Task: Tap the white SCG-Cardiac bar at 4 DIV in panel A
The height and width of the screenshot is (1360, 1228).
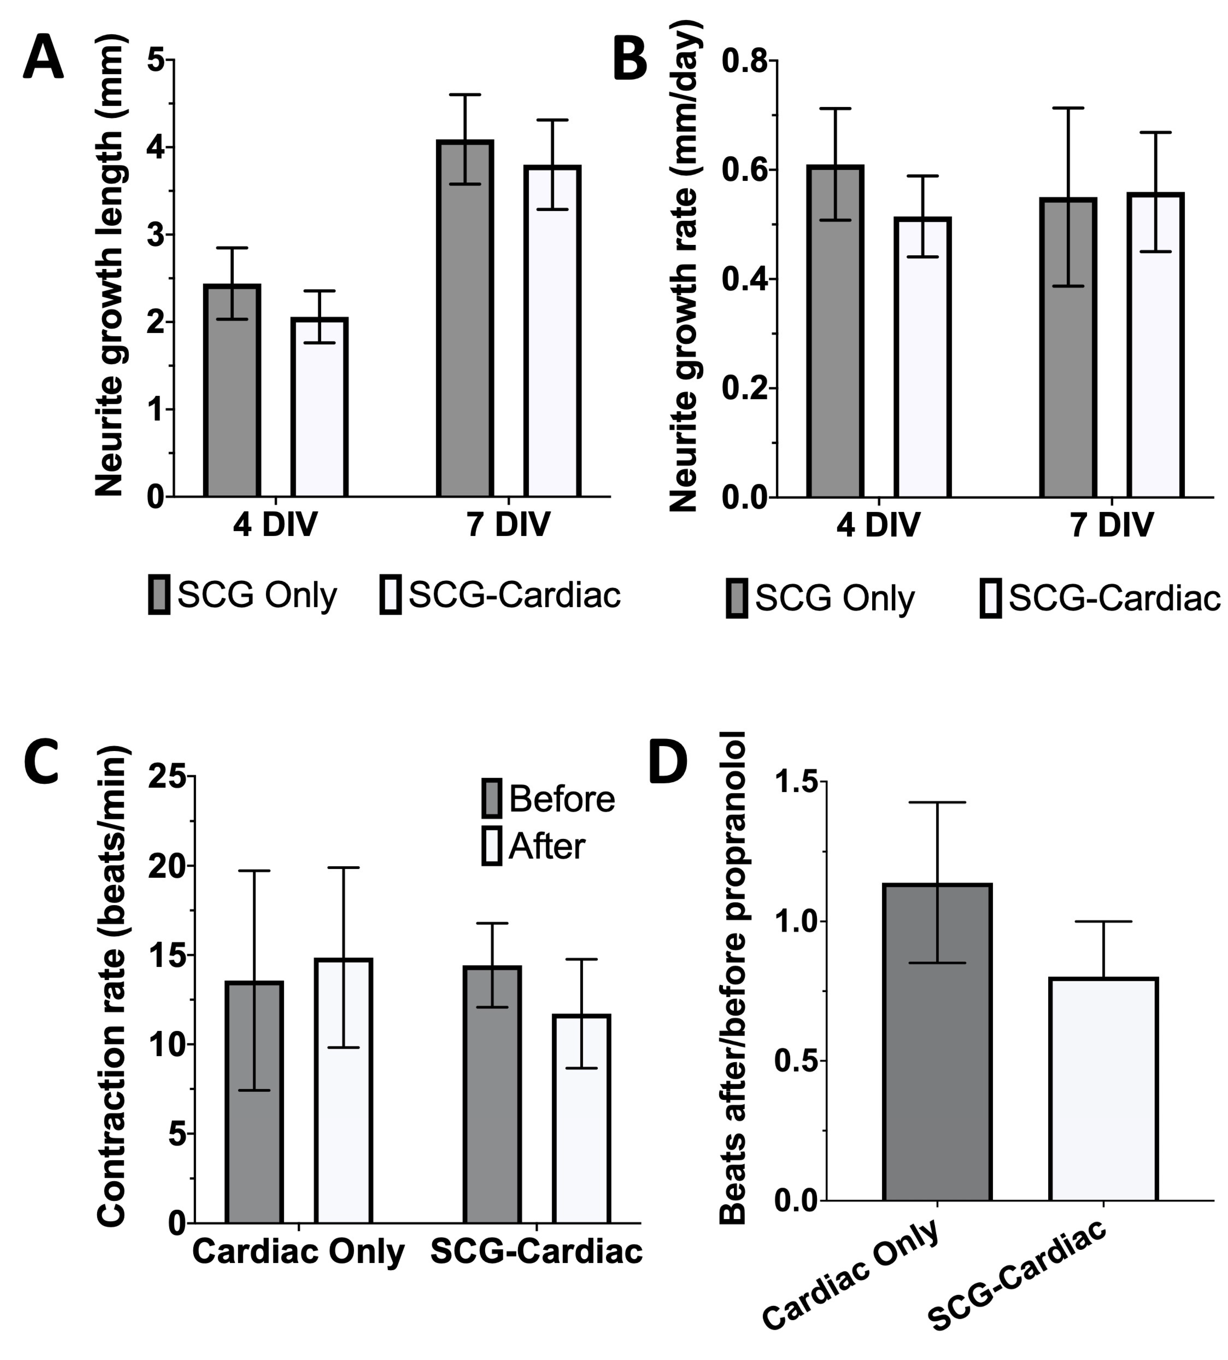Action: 320,408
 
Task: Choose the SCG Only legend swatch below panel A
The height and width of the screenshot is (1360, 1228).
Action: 159,594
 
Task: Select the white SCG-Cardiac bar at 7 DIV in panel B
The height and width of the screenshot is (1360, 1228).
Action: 1155,345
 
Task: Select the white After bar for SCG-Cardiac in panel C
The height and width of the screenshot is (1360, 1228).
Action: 581,1118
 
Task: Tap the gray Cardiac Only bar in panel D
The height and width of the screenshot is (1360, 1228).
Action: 937,1042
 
